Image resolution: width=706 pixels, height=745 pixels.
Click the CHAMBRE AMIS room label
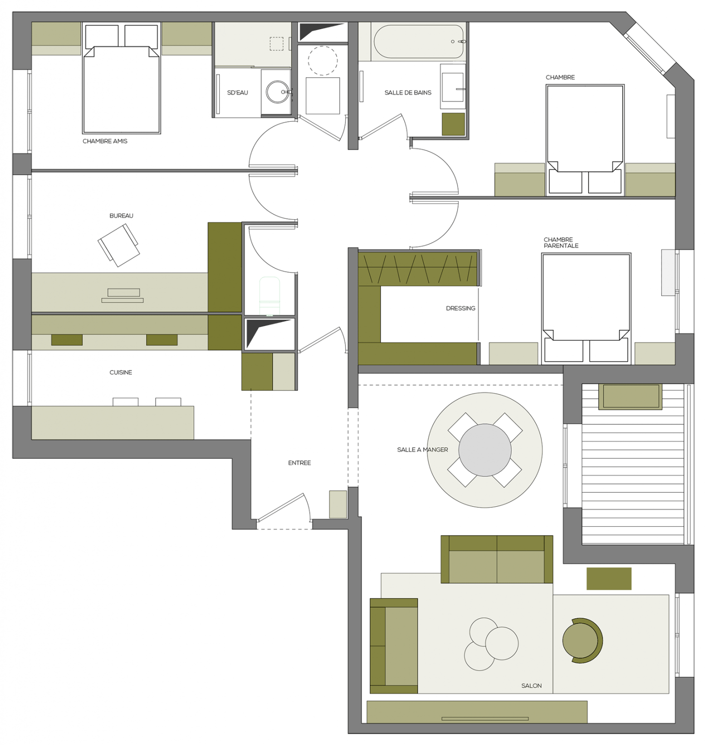105,141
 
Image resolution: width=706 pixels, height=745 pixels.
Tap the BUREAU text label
121,216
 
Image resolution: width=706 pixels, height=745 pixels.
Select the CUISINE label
121,372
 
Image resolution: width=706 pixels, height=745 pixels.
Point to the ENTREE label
299,463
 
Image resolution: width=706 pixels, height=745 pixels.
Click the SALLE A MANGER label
422,450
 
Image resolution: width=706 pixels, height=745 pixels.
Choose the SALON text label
531,685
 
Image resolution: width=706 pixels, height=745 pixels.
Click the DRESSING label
460,308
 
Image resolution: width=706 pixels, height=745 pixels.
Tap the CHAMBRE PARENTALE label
561,243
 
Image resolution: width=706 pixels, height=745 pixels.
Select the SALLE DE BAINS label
408,93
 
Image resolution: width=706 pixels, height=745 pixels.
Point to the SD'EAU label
237,93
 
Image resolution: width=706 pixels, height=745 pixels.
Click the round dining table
485,450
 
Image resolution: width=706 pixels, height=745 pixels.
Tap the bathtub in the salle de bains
418,42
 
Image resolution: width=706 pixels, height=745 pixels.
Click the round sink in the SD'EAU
278,92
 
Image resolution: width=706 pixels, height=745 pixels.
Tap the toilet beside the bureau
269,296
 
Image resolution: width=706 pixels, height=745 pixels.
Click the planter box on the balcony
630,396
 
